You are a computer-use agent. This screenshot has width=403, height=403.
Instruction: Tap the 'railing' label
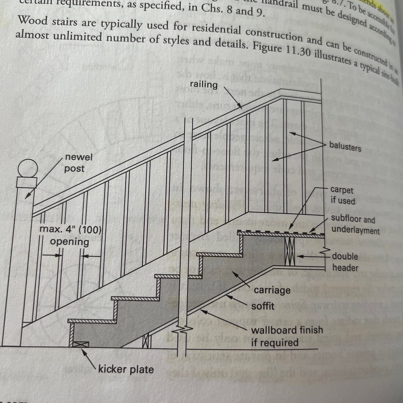[x=204, y=84]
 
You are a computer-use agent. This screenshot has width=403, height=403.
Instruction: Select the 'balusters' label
[x=345, y=147]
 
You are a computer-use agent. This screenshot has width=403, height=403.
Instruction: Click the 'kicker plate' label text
[x=126, y=369]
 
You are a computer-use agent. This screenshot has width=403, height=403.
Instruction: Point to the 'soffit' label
[x=263, y=306]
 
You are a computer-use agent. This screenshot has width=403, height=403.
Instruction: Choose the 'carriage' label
[x=272, y=290]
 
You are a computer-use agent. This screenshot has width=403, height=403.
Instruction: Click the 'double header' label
[x=345, y=262]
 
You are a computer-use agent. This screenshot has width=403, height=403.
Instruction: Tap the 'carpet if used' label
[x=342, y=195]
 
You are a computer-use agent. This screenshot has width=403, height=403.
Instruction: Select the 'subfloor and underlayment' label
[x=355, y=224]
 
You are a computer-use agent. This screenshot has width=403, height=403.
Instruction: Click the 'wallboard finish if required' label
[x=286, y=336]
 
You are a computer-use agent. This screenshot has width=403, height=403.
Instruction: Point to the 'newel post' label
[x=78, y=163]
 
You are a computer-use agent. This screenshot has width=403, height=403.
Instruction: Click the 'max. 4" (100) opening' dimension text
[x=70, y=235]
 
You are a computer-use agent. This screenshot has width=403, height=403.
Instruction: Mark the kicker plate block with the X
[x=81, y=344]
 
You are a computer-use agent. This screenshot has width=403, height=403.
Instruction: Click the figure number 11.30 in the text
[x=298, y=51]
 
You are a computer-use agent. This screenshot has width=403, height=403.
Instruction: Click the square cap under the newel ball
[x=27, y=182]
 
